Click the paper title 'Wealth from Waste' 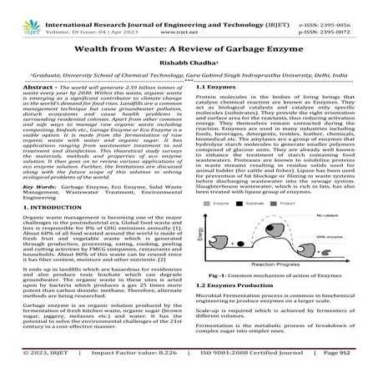click(189, 49)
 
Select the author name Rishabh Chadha click(188, 66)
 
